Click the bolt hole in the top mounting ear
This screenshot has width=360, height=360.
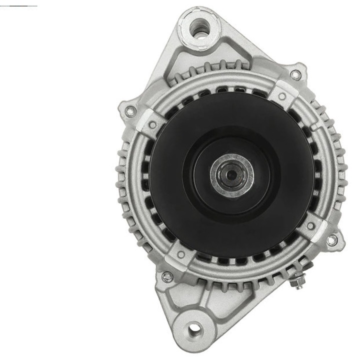[200, 25]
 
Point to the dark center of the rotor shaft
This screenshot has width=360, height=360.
[231, 175]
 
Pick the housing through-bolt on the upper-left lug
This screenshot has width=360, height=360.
[130, 111]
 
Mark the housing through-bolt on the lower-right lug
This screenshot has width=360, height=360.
[331, 240]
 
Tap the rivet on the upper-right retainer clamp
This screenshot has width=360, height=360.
[282, 96]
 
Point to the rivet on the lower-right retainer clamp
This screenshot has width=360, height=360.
[311, 226]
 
